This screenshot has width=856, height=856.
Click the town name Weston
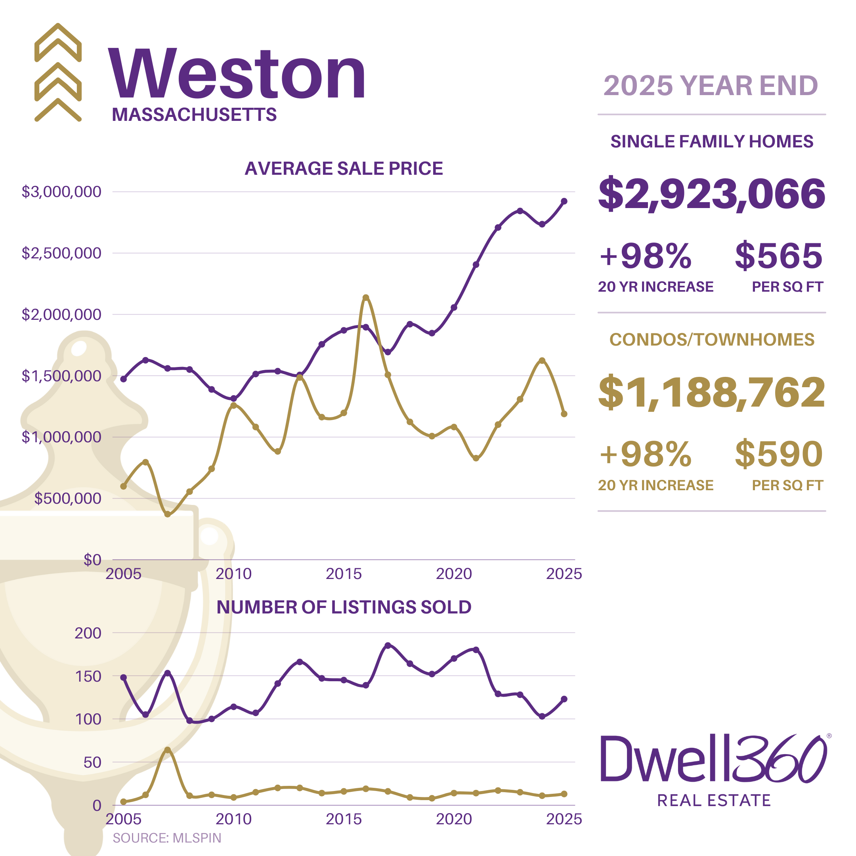pyautogui.click(x=237, y=74)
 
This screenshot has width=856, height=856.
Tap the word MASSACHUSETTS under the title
pyautogui.click(x=194, y=115)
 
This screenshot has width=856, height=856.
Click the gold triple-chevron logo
pyautogui.click(x=58, y=72)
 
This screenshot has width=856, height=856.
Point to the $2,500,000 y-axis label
pyautogui.click(x=61, y=253)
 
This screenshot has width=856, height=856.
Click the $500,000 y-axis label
pyautogui.click(x=68, y=499)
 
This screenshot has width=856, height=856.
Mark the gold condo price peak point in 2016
pyautogui.click(x=366, y=298)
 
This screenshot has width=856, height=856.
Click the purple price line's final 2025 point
pyautogui.click(x=564, y=201)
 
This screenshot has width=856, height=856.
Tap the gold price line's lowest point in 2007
pyautogui.click(x=168, y=514)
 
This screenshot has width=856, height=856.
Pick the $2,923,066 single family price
pyautogui.click(x=712, y=194)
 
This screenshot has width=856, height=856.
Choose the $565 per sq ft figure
pyautogui.click(x=778, y=256)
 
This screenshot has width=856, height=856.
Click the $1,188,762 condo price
pyautogui.click(x=712, y=393)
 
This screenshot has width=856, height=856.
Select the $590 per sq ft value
pyautogui.click(x=778, y=455)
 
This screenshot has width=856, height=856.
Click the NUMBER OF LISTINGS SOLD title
pyautogui.click(x=344, y=608)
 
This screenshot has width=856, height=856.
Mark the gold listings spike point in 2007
pyautogui.click(x=168, y=750)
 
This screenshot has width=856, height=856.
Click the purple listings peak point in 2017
pyautogui.click(x=388, y=645)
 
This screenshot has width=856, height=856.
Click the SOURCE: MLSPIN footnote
pyautogui.click(x=167, y=838)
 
